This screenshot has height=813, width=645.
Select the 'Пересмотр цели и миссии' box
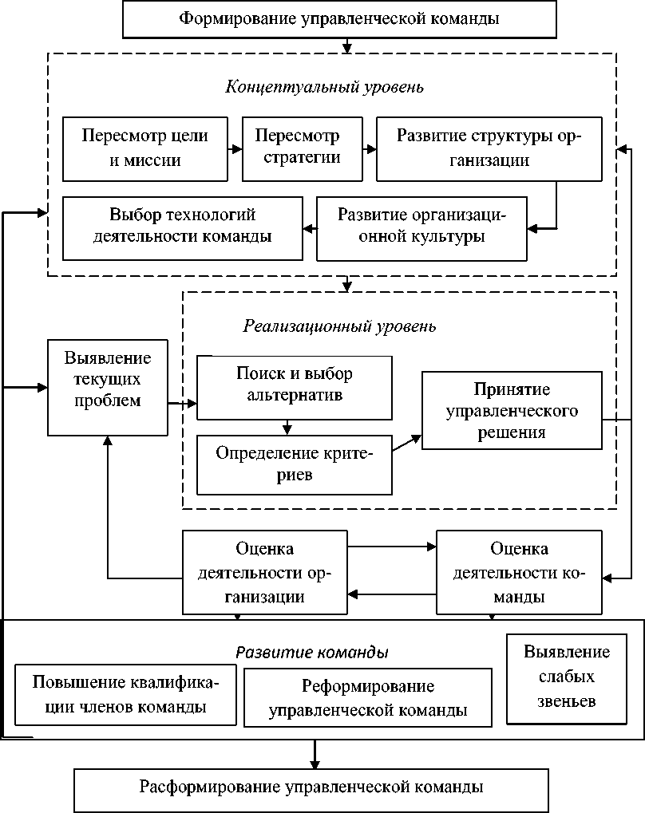(144, 148)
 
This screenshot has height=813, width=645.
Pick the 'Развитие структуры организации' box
(489, 148)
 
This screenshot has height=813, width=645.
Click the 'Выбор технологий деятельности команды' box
(182, 227)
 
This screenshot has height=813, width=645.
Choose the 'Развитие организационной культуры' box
(421, 227)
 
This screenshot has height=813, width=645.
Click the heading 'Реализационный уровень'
(339, 326)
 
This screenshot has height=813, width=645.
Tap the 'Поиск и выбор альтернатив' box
(295, 386)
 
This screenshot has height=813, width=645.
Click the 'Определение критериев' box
(295, 464)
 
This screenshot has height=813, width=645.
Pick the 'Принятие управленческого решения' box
(512, 410)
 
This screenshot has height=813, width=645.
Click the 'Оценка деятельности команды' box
(519, 573)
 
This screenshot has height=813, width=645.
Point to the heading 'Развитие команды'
(311, 652)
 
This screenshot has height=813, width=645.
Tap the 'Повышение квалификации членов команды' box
(125, 694)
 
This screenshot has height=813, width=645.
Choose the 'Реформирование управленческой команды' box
(368, 698)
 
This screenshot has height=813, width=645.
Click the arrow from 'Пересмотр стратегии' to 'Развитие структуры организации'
(369, 148)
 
